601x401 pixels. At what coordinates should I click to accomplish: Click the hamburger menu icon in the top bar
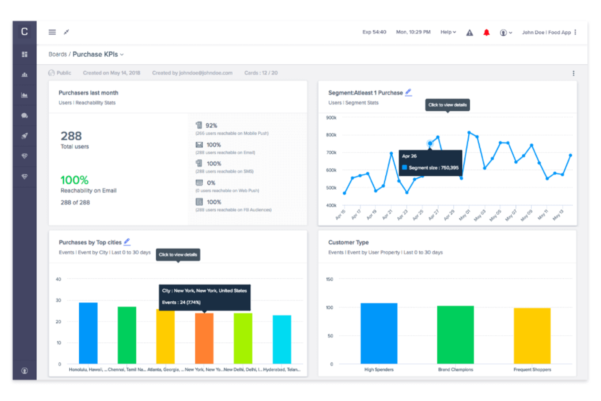point(52,32)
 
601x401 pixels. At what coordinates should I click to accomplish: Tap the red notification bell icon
point(486,33)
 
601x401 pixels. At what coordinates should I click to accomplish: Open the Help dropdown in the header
point(448,32)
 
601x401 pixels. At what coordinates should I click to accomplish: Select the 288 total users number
point(71,136)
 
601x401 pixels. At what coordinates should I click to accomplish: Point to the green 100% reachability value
point(74,180)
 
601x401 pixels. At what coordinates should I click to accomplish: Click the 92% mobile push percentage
point(211,126)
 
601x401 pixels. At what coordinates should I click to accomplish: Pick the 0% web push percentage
point(211,183)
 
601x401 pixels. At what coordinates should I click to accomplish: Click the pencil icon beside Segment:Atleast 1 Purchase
point(409,92)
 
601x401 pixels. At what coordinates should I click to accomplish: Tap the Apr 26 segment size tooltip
point(430,162)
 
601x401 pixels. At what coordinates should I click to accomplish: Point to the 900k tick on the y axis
point(331,118)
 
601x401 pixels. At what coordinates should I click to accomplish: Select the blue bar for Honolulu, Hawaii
point(88,333)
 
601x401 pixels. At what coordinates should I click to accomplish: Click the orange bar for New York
point(204,338)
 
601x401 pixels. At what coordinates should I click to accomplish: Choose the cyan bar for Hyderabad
point(282,339)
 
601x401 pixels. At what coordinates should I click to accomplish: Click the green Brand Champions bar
point(455,334)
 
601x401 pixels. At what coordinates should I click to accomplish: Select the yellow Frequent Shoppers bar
point(532,336)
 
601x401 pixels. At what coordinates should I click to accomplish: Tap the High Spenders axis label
point(378,370)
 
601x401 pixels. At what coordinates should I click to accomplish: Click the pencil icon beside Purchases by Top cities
point(127,242)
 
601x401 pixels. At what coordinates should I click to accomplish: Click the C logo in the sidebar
point(24,32)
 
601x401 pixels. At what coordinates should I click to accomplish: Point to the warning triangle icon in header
point(469,33)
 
